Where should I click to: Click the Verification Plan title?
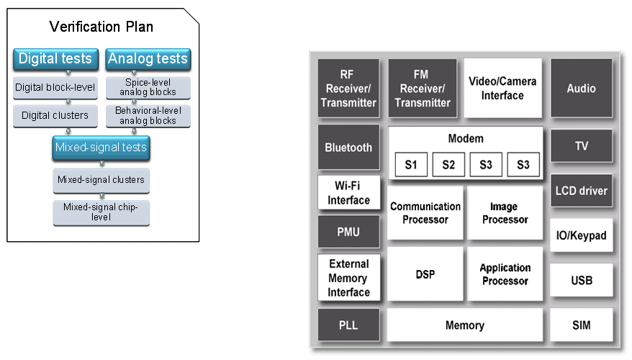tap(101, 27)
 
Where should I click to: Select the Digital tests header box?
tap(55, 59)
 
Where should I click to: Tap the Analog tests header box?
tap(148, 59)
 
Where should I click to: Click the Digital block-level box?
tap(55, 88)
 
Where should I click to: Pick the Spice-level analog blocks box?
tap(148, 88)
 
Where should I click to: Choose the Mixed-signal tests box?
tap(101, 148)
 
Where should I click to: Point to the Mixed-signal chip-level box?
tap(101, 211)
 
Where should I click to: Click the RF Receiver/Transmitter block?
tap(348, 89)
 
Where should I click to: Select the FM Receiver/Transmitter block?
tap(423, 89)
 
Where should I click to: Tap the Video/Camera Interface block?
tap(502, 89)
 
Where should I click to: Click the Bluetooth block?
tap(348, 148)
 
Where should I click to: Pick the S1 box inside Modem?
tap(411, 165)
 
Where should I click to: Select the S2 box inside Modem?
tap(448, 165)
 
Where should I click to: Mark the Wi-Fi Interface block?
tap(348, 194)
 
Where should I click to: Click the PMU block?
tap(348, 232)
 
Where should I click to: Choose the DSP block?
tap(425, 274)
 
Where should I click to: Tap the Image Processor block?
tap(504, 213)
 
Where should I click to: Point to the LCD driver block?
tap(582, 192)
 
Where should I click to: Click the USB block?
tap(582, 280)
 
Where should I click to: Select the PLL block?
tap(348, 325)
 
